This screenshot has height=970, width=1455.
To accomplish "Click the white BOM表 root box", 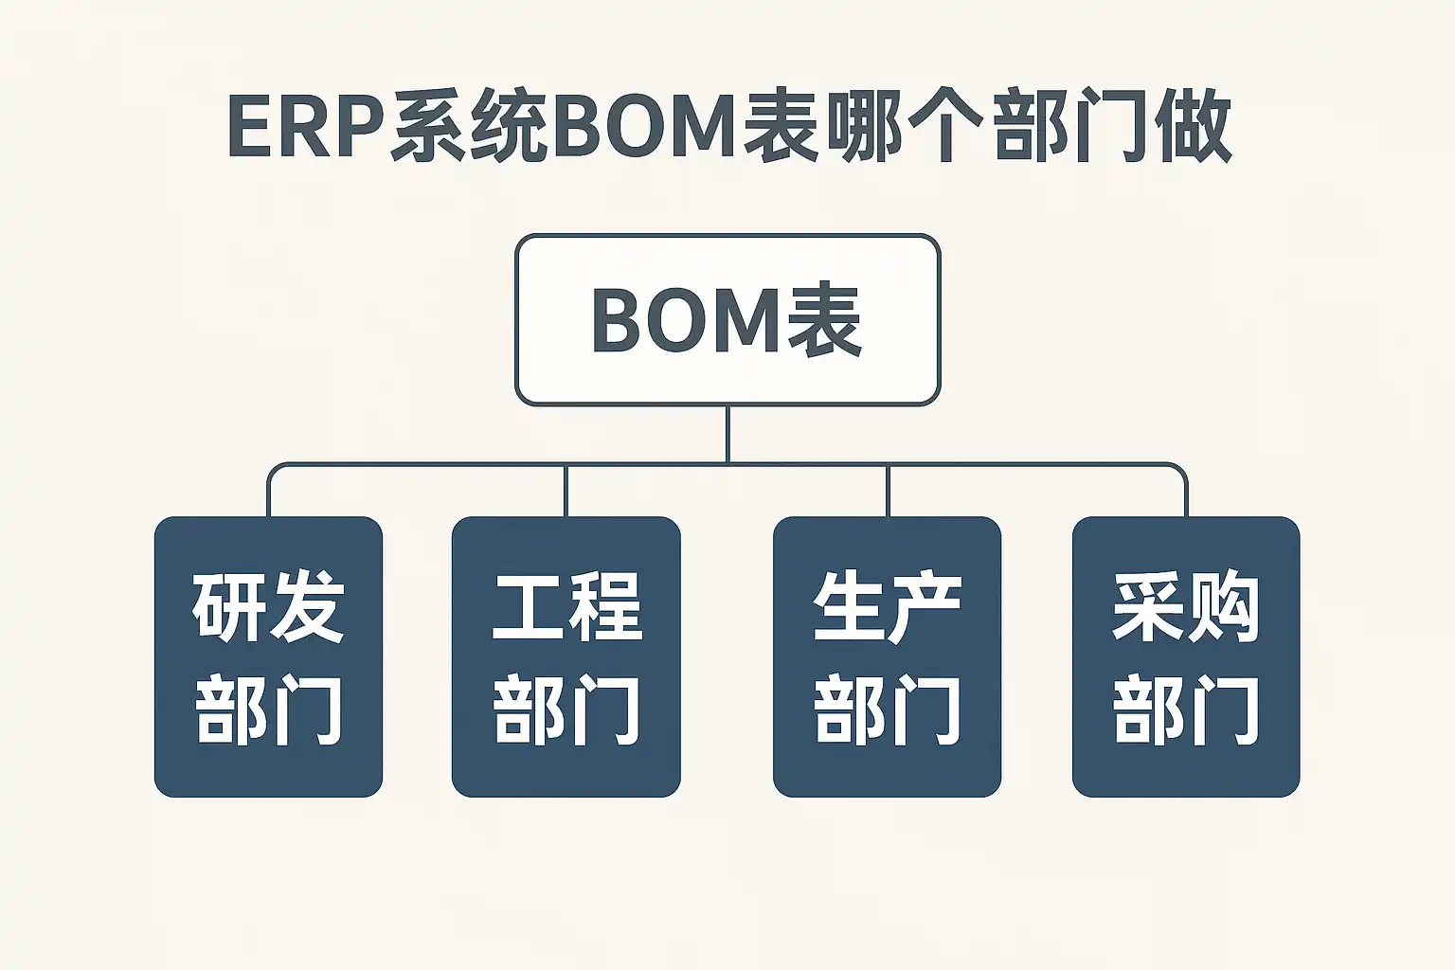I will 727,320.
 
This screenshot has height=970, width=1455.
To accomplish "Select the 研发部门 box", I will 268,656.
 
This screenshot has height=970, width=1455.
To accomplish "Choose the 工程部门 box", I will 566,656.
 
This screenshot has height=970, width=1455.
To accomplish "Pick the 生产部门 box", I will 887,656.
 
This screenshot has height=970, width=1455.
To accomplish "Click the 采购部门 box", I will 1185,656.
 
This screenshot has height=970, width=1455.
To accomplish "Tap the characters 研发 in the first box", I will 268,607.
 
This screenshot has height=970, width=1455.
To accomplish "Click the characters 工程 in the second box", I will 566,607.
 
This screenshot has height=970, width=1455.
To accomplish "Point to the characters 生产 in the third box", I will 888,607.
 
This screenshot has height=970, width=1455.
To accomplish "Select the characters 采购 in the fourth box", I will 1186,607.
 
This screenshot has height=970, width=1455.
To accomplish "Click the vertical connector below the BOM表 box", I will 727,434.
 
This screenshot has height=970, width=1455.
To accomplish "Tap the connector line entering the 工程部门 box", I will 566,491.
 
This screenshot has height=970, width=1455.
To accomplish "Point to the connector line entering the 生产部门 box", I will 888,491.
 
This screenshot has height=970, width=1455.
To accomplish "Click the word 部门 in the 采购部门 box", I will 1186,709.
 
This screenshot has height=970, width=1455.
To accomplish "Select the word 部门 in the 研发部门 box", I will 268,709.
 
